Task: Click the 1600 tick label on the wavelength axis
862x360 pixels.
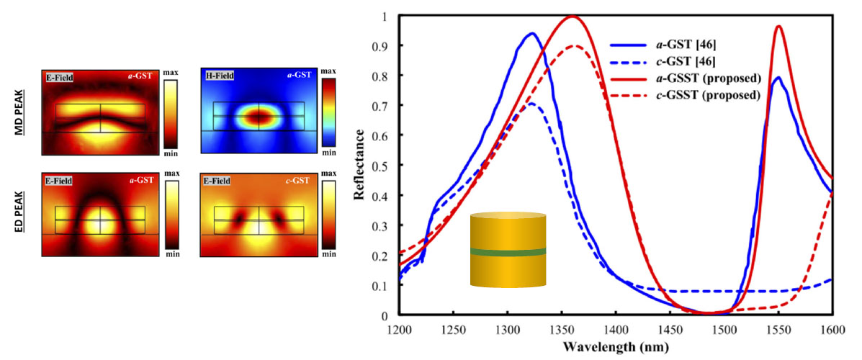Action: click(832, 330)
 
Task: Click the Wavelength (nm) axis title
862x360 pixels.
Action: click(616, 347)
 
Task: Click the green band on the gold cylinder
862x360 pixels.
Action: click(508, 251)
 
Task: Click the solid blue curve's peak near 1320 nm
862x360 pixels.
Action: click(532, 33)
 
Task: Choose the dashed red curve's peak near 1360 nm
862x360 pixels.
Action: click(574, 46)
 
